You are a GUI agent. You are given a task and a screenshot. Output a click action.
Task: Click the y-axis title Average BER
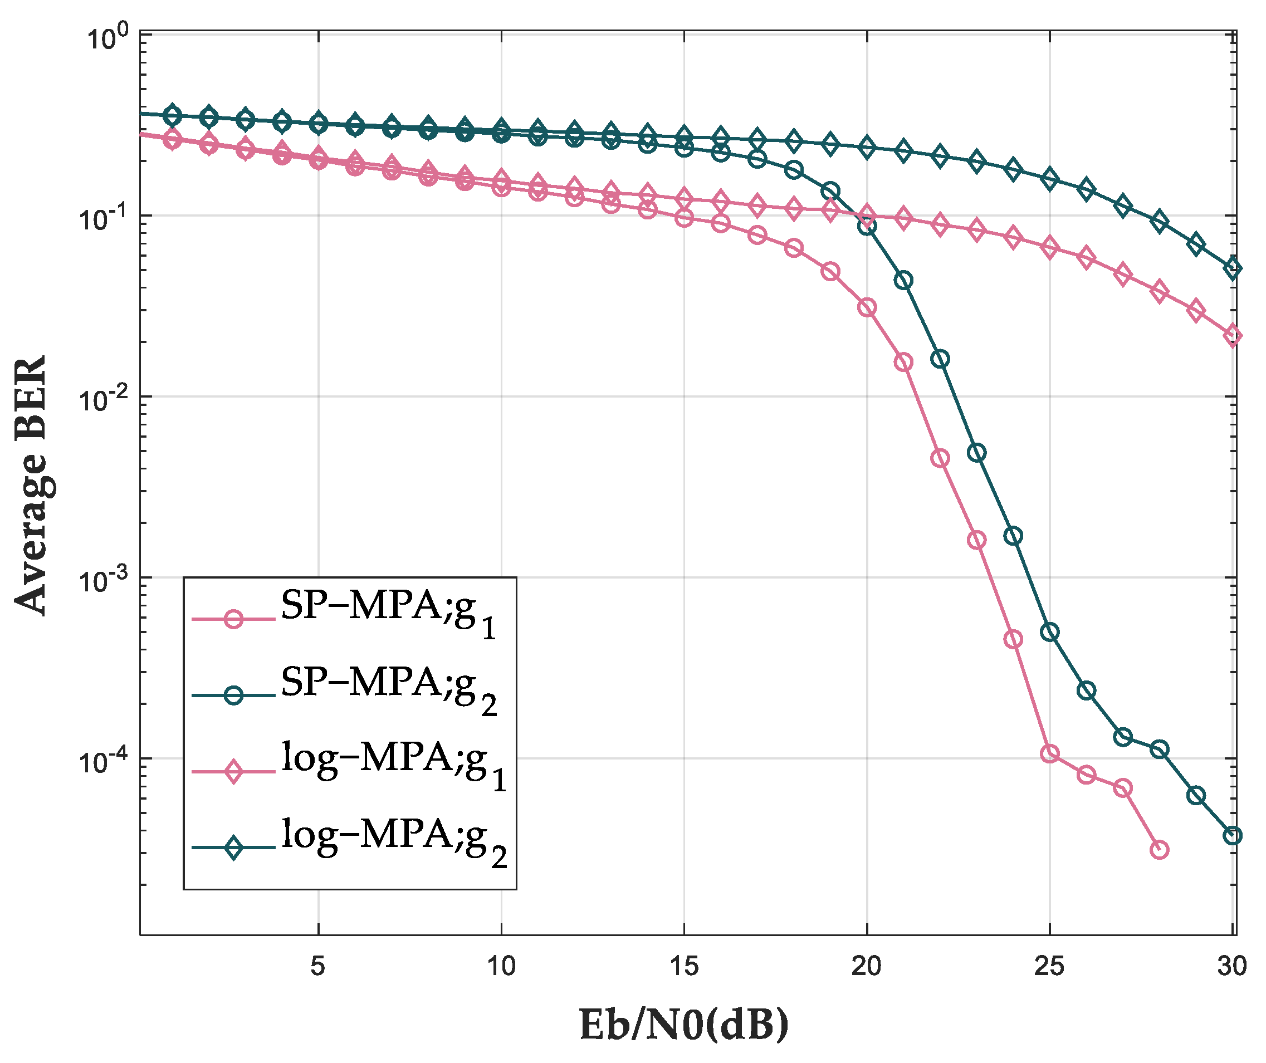coord(31,486)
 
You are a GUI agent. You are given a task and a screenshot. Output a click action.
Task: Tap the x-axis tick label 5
coord(317,966)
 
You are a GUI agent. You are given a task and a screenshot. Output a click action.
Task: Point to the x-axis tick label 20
coord(866,966)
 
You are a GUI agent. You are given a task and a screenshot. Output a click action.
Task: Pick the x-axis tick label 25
coord(1049,966)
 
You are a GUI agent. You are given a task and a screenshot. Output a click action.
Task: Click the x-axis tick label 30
coord(1231,966)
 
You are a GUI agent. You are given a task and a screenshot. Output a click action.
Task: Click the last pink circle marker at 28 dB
coord(1159,850)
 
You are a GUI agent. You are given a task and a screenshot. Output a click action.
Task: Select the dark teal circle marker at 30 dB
coord(1232,835)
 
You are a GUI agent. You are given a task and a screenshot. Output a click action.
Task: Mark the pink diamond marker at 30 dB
coord(1232,336)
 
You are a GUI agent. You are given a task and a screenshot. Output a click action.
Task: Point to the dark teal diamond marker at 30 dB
coord(1232,268)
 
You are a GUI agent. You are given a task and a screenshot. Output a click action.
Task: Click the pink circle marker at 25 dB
coord(1049,753)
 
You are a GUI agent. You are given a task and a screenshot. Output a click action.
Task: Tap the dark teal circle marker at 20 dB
coord(867,227)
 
